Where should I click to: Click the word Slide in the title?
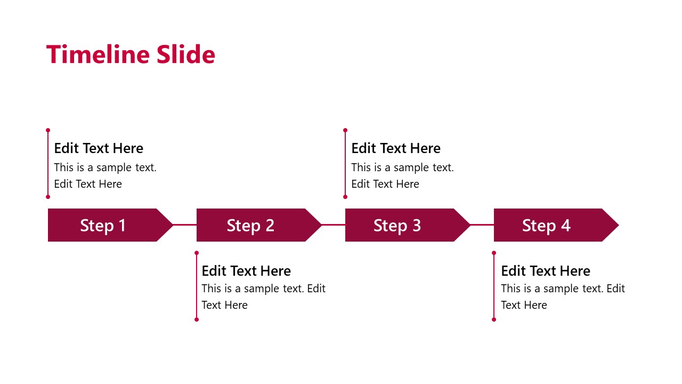[x=185, y=54]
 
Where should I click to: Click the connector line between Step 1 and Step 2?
[x=185, y=225]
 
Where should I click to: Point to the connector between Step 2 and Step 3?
[x=334, y=225]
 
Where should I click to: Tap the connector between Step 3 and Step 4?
[x=482, y=225]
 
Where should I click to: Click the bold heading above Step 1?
[x=99, y=148]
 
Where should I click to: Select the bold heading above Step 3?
[x=396, y=148]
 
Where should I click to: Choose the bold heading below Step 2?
[x=246, y=271]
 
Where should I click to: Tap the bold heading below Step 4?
[x=546, y=271]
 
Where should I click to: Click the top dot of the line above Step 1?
[x=48, y=130]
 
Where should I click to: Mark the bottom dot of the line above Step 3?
[x=345, y=197]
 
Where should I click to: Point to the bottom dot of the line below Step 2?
[x=197, y=319]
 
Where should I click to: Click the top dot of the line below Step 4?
[x=494, y=253]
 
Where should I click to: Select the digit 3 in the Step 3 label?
[x=417, y=226]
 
